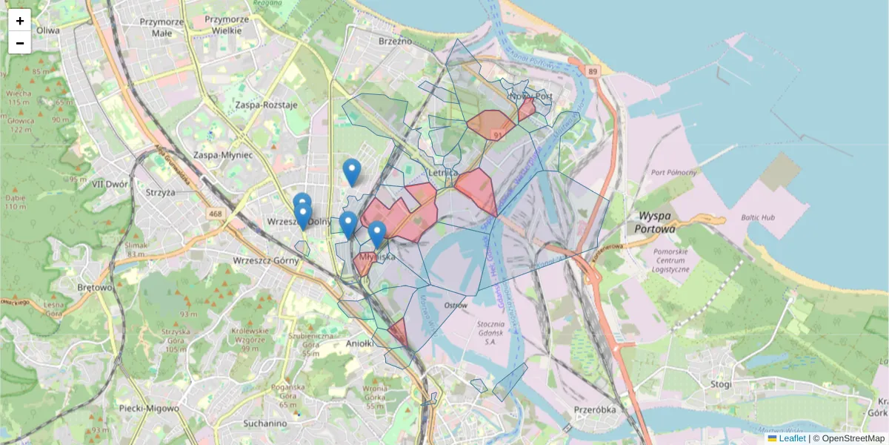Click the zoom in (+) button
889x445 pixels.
(x=20, y=21)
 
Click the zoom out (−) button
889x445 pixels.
(x=20, y=43)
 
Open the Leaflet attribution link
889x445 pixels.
(x=792, y=438)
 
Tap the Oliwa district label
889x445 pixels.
(x=47, y=30)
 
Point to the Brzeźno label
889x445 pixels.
(x=394, y=42)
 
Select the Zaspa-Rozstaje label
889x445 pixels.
(x=266, y=105)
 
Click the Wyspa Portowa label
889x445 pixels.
(x=655, y=223)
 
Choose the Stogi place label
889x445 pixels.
(x=720, y=384)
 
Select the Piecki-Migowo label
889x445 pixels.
(x=149, y=408)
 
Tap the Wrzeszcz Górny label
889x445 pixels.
(x=266, y=260)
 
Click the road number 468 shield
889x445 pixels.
(x=216, y=214)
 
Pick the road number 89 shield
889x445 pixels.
(x=591, y=71)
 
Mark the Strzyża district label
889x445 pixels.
(x=161, y=193)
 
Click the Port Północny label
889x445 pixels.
(x=673, y=173)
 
